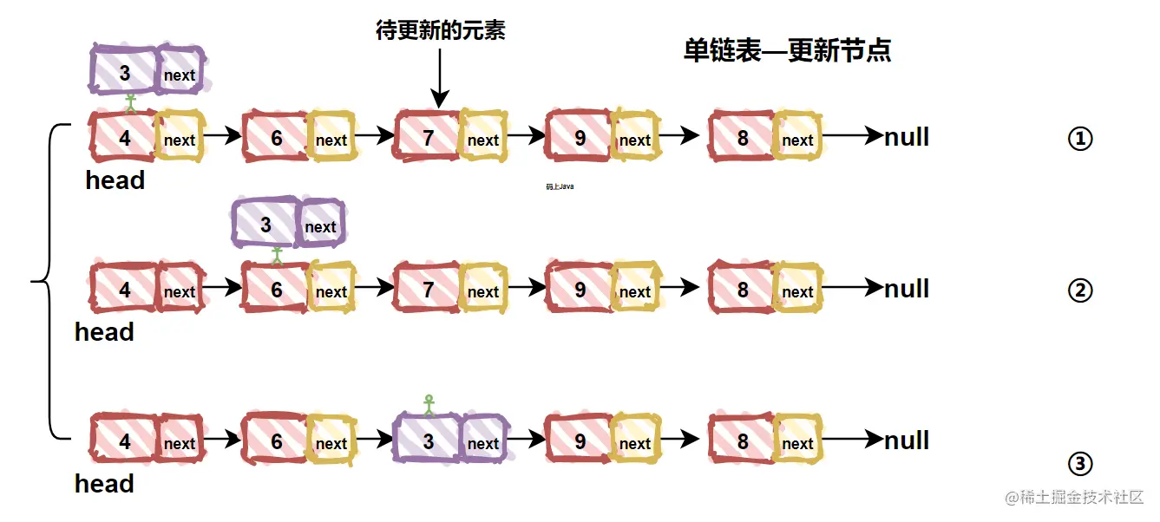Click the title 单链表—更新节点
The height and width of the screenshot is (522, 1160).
[787, 51]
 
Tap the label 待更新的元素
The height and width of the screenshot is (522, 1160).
[440, 31]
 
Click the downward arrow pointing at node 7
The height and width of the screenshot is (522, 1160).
[440, 78]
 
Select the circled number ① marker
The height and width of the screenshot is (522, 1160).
[1079, 139]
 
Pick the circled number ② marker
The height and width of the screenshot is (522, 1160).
[1079, 290]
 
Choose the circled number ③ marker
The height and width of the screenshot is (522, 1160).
[1079, 465]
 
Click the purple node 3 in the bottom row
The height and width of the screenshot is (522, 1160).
[428, 441]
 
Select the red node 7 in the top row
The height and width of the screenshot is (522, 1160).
[428, 138]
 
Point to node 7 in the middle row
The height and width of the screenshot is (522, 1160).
[428, 290]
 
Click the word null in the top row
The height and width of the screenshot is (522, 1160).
[907, 137]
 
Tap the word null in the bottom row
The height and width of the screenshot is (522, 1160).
[907, 440]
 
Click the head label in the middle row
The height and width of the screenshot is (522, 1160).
[104, 332]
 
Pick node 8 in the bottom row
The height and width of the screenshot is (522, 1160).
[743, 441]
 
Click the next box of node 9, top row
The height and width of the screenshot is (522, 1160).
[634, 140]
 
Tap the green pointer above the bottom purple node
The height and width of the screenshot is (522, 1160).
[428, 403]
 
